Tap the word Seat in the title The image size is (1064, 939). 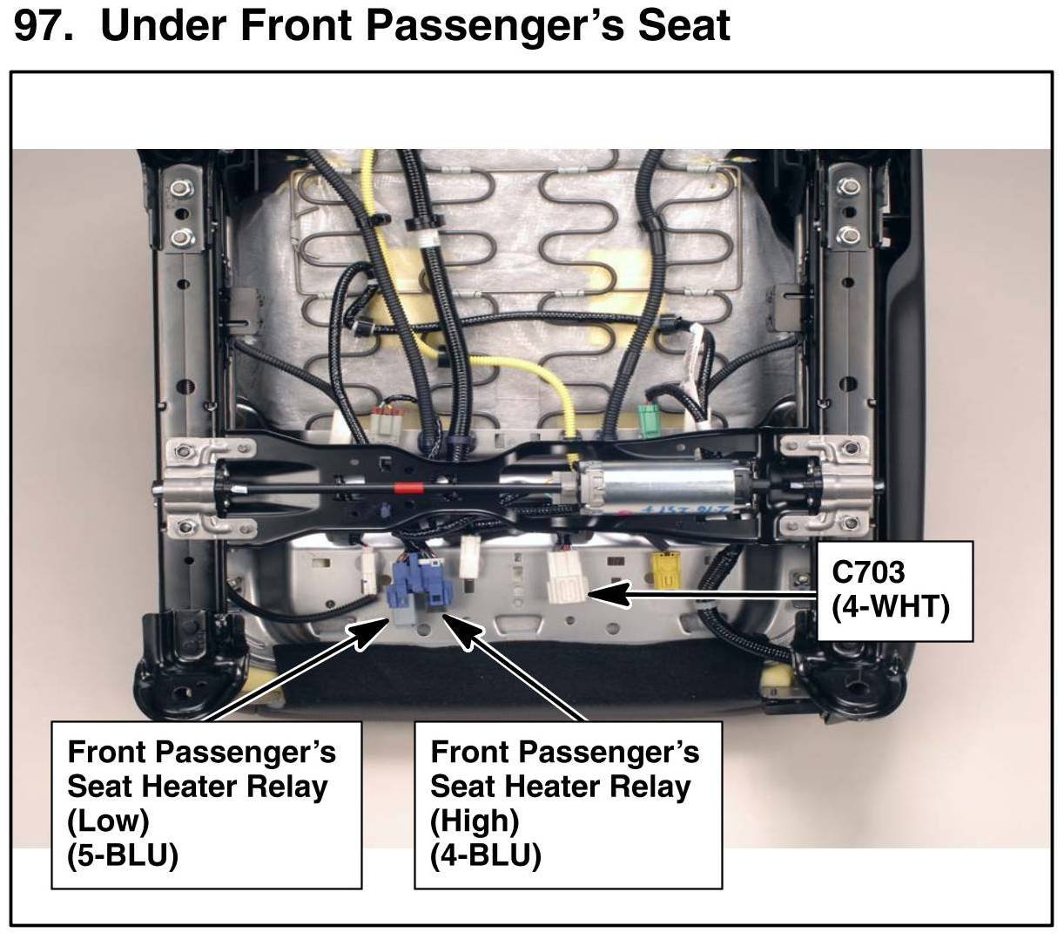click(683, 26)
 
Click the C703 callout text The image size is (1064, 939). click(869, 571)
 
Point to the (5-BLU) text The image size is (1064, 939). click(123, 855)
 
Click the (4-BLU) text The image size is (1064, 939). click(486, 855)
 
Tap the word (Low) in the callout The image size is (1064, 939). click(108, 821)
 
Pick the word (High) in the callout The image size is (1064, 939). click(475, 821)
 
